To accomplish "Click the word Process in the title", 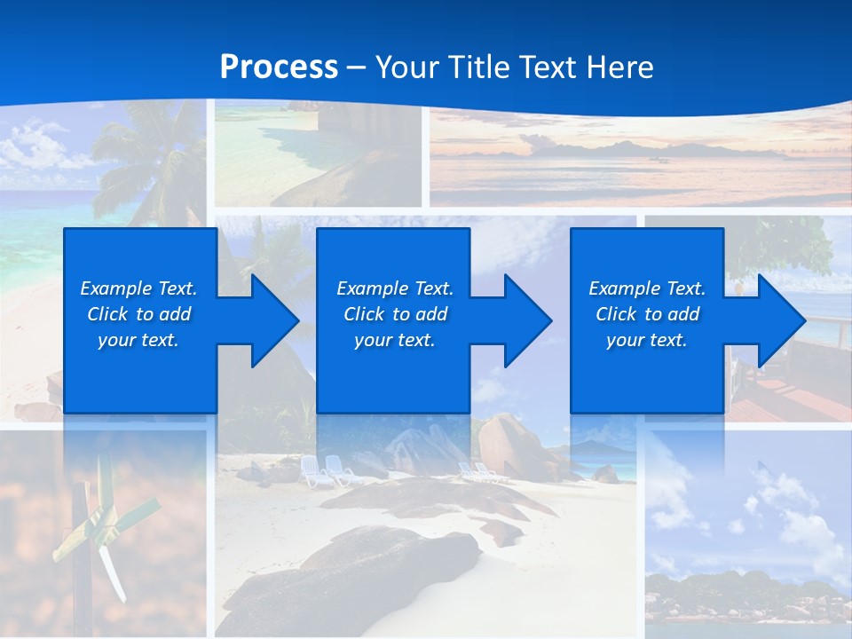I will click(279, 67).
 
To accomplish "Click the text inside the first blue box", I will click(138, 314).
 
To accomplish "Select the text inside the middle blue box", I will click(394, 314).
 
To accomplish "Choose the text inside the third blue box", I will click(646, 314).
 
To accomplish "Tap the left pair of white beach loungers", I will click(325, 469).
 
